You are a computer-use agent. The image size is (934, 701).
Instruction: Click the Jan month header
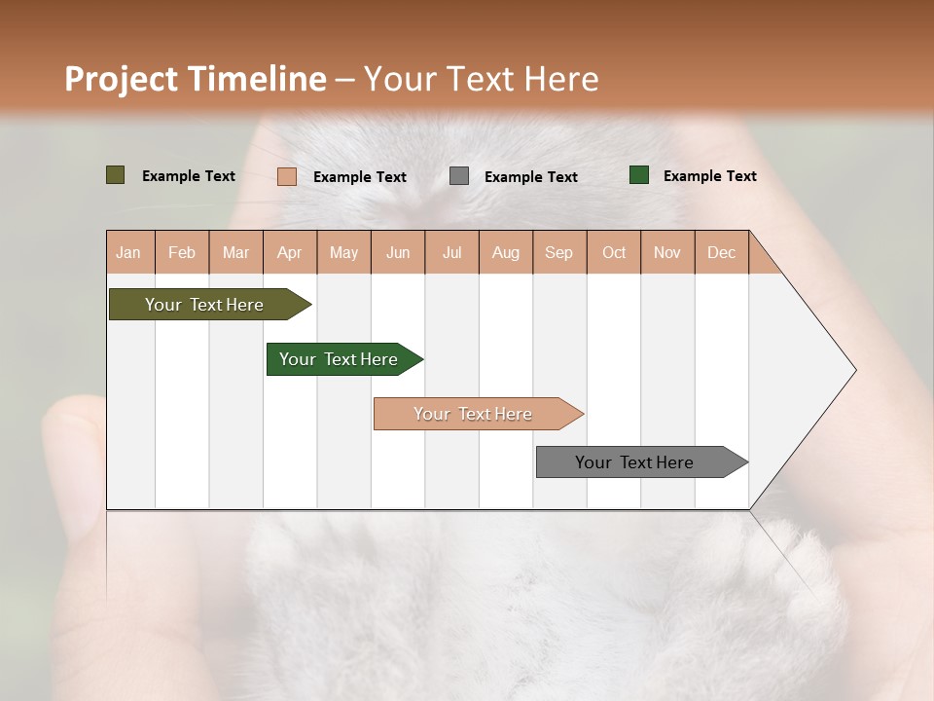pos(128,252)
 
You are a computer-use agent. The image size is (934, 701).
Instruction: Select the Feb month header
pos(182,252)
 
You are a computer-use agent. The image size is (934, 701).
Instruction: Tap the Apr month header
pos(289,252)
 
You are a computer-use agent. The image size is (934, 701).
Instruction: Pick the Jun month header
pos(398,252)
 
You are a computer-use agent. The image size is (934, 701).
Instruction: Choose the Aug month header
pos(505,252)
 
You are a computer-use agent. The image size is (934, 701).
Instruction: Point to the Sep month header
pos(558,252)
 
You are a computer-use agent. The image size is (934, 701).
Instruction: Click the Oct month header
pos(614,252)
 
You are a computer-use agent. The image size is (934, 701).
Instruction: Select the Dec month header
pos(721,252)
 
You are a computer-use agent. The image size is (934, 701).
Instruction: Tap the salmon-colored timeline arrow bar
pos(475,414)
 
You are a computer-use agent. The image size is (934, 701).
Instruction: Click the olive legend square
pos(115,175)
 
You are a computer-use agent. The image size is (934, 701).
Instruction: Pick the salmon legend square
pos(287,176)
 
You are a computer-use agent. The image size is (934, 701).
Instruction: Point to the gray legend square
pos(459,175)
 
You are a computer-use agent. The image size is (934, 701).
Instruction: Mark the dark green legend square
pos(639,175)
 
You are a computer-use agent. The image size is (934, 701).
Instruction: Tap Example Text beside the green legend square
pos(709,175)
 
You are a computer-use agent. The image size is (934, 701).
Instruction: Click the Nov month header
pos(667,252)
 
